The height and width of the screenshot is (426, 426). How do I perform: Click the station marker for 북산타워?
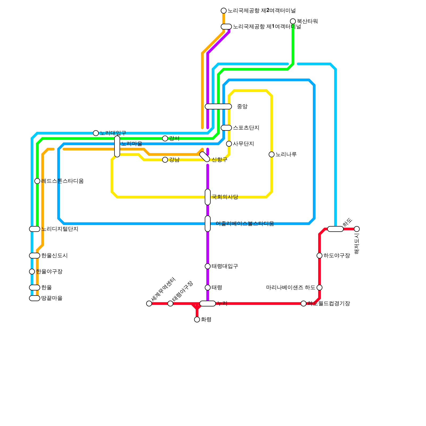coord(293,21)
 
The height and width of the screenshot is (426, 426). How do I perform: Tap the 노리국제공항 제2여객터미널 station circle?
coord(224,11)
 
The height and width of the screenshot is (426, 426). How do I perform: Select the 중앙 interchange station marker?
coord(218,106)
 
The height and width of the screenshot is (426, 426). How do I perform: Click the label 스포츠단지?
coord(246,128)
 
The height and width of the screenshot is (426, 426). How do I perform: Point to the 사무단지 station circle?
coord(229,144)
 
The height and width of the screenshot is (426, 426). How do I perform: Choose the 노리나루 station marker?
coord(272,154)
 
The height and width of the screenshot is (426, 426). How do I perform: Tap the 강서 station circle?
coord(165,138)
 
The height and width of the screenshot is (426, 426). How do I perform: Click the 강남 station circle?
coord(165,160)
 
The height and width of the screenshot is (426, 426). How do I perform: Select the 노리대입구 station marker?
coord(96,133)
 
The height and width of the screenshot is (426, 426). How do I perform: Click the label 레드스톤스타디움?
coord(62,181)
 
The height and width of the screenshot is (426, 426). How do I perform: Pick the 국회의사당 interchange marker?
coord(208,197)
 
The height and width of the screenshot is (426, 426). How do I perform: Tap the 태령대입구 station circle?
coord(208,266)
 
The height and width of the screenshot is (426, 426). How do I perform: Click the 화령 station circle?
coord(197,319)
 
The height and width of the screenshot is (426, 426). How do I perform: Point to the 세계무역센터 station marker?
coord(149,304)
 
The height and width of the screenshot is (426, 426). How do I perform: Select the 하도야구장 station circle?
coord(319,256)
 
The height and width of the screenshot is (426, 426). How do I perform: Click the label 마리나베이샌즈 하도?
coord(291,288)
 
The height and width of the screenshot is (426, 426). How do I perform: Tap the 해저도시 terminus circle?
coord(357,229)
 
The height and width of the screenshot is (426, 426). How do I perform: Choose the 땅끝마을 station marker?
coord(35,298)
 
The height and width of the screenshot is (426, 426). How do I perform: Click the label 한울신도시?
coord(54,256)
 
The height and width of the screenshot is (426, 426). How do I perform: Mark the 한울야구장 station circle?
coord(32,272)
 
